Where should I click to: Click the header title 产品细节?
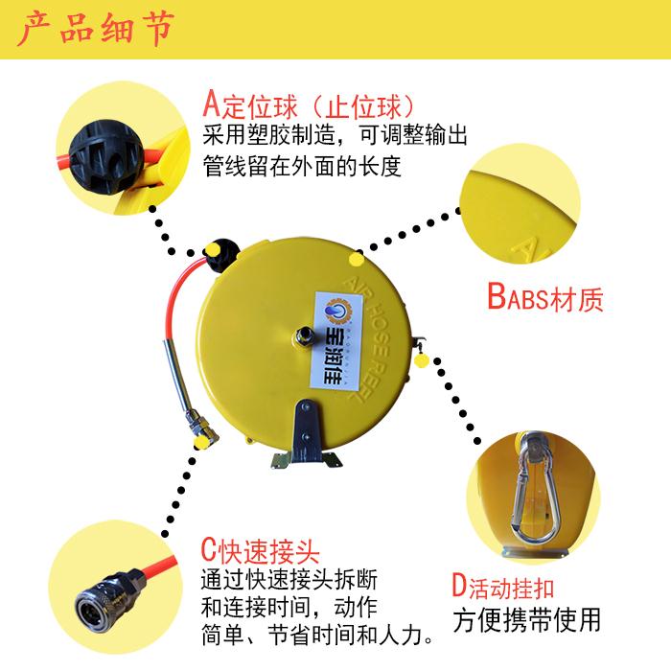click(96, 28)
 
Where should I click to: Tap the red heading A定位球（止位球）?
click(309, 104)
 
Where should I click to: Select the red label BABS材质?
click(545, 297)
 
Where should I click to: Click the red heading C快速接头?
click(260, 550)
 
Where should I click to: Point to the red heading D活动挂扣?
click(503, 587)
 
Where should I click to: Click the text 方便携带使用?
click(527, 620)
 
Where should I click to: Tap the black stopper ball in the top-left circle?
click(105, 157)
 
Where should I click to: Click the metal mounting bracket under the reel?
click(306, 435)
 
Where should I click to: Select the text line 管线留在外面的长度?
click(302, 167)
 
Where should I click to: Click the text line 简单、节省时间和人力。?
click(317, 635)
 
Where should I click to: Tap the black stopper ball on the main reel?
click(221, 255)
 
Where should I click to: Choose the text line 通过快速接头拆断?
click(289, 580)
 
